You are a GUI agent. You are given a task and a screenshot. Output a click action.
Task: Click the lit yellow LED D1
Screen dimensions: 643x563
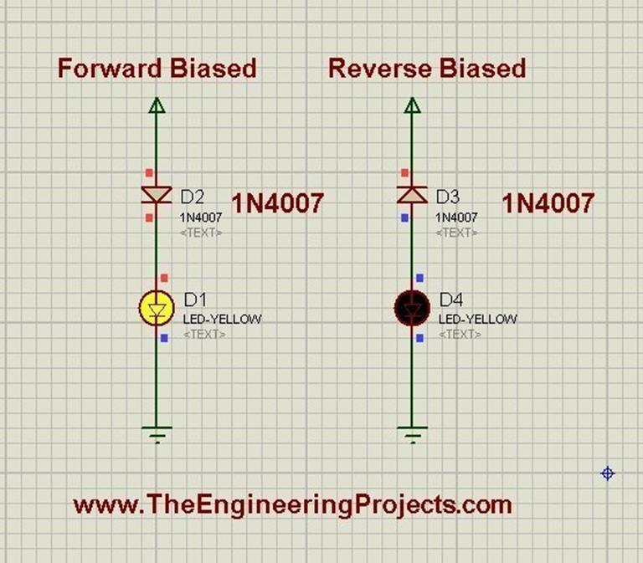click(156, 309)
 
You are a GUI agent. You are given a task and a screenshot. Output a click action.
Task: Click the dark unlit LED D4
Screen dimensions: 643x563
click(412, 309)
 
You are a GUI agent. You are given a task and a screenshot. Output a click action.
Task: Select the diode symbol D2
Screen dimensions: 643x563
click(156, 195)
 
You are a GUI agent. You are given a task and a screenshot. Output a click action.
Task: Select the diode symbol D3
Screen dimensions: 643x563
click(412, 195)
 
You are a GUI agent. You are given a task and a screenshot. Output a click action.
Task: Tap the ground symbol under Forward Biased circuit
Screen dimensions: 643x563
click(156, 432)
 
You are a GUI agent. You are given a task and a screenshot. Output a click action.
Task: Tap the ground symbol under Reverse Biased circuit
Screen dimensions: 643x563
click(412, 432)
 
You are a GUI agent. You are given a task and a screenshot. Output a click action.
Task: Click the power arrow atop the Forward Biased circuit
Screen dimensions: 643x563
click(156, 105)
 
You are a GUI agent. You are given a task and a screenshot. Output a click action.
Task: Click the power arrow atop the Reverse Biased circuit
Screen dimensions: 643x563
click(412, 105)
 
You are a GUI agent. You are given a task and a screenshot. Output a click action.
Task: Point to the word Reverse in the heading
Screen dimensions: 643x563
click(373, 68)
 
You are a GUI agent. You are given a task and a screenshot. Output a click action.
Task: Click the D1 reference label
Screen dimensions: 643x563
click(196, 299)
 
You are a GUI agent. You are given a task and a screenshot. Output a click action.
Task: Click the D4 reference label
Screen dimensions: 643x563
click(452, 299)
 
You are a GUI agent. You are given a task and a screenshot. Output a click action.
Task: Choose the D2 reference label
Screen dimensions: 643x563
click(193, 197)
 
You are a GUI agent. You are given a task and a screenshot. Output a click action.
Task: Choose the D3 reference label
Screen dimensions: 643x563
click(448, 197)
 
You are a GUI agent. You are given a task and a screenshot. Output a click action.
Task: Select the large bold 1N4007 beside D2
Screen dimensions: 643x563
click(277, 203)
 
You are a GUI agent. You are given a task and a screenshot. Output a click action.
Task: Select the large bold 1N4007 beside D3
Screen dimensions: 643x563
click(548, 203)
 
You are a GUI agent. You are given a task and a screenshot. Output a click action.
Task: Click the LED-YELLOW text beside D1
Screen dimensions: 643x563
click(222, 319)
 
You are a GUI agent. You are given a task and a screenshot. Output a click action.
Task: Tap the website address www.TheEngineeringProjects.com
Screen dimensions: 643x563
click(292, 505)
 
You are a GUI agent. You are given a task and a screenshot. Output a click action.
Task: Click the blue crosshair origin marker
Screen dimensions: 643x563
click(609, 473)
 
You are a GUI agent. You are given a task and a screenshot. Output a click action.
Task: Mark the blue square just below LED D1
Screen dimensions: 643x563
click(164, 338)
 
